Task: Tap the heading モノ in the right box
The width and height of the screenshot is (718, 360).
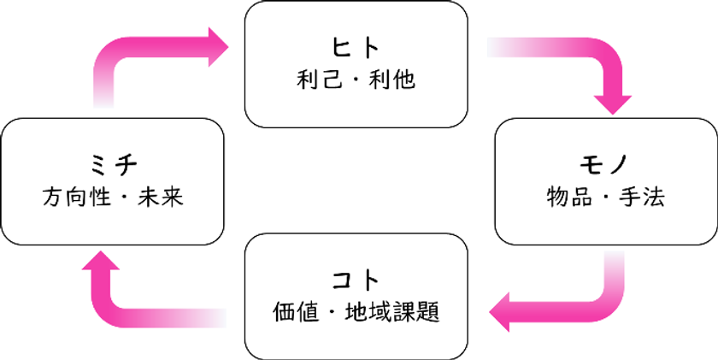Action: (605, 166)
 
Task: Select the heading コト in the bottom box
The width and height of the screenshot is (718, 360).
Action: (356, 280)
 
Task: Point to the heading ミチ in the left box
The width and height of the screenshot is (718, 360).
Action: (113, 166)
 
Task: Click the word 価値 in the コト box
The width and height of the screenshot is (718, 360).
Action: (296, 312)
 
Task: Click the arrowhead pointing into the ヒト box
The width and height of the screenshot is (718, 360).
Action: (219, 47)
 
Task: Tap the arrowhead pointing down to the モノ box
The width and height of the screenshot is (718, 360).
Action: (612, 105)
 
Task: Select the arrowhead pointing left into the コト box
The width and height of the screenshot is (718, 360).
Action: (499, 312)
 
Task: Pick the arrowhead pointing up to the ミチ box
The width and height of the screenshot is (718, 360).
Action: (101, 261)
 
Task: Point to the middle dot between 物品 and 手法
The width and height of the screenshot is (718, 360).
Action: (606, 198)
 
